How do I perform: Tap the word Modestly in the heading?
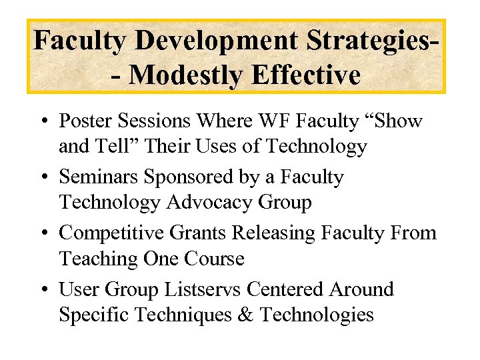185,75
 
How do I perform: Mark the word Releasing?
274,233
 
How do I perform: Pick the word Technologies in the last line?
317,315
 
